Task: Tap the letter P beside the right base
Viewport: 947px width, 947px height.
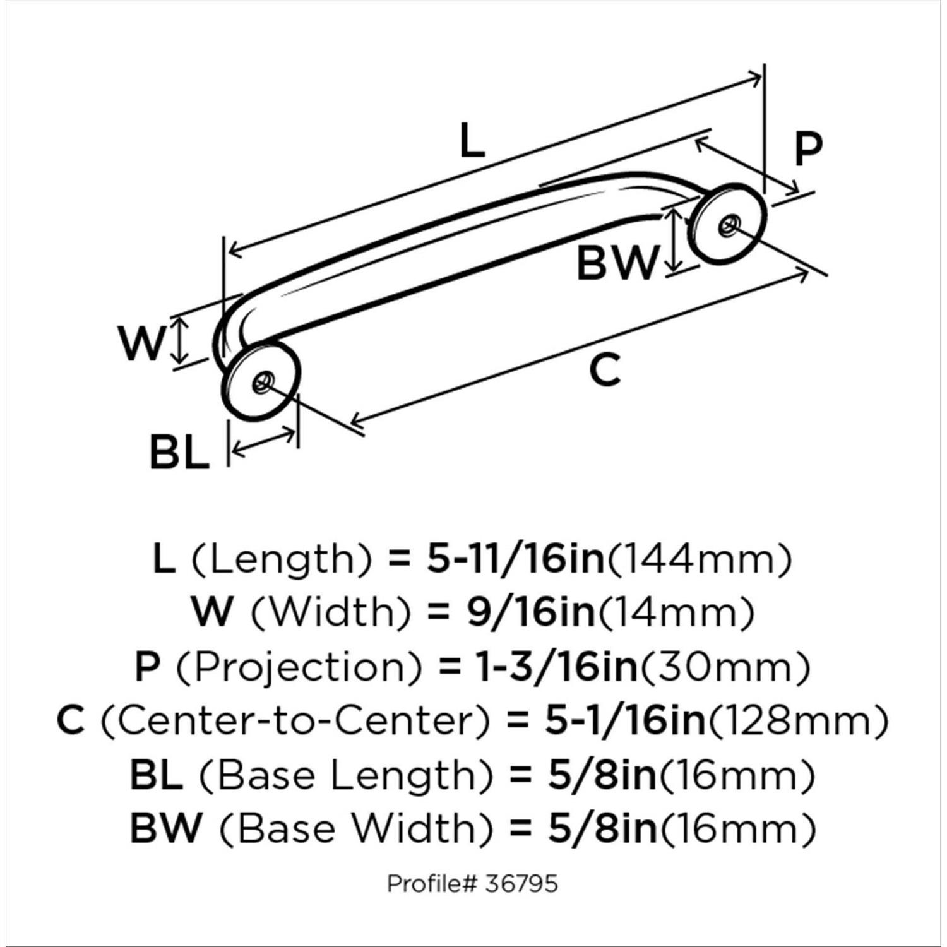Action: [808, 150]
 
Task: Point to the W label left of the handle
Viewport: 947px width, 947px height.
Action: [143, 344]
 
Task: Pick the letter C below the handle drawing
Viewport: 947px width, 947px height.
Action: [605, 370]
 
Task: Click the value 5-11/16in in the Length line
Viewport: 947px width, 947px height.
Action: [515, 558]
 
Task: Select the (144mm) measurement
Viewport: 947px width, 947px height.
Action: [699, 559]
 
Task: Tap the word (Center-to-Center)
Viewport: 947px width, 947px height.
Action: [295, 720]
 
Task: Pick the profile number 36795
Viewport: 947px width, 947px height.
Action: [521, 883]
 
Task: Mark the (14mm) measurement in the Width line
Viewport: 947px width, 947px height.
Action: [676, 612]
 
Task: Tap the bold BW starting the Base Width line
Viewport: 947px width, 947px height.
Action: [166, 828]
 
